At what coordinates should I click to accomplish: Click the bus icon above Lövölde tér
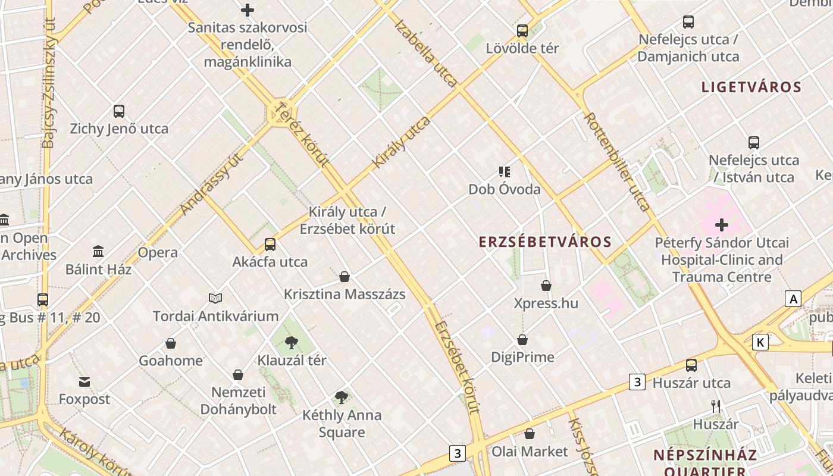click(x=522, y=30)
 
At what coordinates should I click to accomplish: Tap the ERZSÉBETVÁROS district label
click(x=546, y=242)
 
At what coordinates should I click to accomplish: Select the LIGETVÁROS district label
click(x=751, y=87)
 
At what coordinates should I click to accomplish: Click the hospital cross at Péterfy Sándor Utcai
click(x=722, y=225)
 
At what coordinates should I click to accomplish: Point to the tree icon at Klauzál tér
click(x=291, y=342)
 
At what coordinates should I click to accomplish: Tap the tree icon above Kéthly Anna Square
click(x=341, y=397)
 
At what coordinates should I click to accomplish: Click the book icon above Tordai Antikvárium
click(x=215, y=298)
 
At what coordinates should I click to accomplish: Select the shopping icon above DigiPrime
click(x=522, y=340)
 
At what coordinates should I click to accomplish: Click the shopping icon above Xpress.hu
click(x=546, y=286)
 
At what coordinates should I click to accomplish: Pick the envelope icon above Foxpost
click(x=84, y=381)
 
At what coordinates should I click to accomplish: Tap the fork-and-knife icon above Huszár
click(x=716, y=406)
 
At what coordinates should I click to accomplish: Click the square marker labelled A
click(x=793, y=299)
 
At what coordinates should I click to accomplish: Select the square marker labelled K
click(x=760, y=342)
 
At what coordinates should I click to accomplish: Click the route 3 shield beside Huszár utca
click(x=637, y=382)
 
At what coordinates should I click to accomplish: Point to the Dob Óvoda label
click(x=505, y=189)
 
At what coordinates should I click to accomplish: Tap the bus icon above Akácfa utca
click(x=270, y=244)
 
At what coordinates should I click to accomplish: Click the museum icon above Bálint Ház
click(x=98, y=252)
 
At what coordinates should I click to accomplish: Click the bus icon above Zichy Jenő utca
click(x=119, y=111)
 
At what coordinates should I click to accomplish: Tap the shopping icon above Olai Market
click(x=530, y=434)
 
